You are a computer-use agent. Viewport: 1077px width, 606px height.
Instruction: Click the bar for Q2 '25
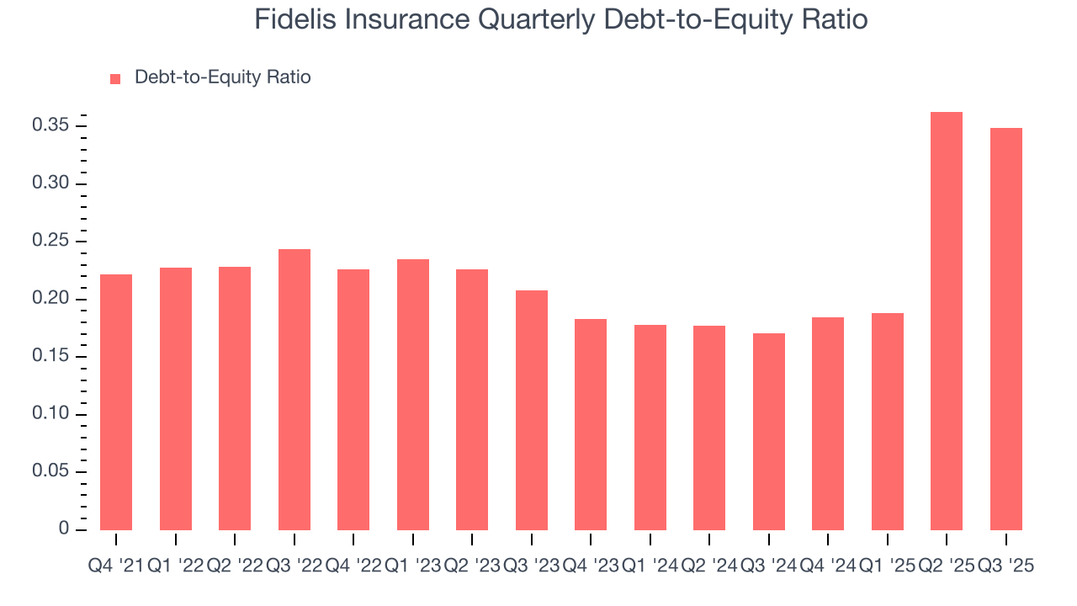(x=947, y=321)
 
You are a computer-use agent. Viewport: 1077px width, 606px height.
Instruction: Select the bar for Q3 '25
(x=1006, y=328)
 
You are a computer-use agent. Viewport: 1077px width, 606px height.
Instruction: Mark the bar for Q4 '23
(x=591, y=424)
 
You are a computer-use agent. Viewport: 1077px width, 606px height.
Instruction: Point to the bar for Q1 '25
(x=888, y=421)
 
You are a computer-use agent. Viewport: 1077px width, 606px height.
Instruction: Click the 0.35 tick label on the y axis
(x=50, y=126)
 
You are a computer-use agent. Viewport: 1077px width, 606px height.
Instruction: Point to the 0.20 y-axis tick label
(x=50, y=300)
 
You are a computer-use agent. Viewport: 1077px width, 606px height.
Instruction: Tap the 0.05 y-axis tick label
(x=50, y=472)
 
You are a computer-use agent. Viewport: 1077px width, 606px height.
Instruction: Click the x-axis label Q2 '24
(x=709, y=566)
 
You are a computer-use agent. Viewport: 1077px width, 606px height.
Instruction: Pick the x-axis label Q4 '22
(x=353, y=566)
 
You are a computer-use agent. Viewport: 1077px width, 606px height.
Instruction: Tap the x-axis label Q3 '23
(x=532, y=566)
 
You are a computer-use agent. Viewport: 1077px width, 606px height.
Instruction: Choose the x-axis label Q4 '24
(x=828, y=566)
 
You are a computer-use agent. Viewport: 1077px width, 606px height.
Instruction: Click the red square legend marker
(x=116, y=78)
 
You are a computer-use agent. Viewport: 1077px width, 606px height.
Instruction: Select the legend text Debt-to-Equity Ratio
(x=222, y=77)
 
